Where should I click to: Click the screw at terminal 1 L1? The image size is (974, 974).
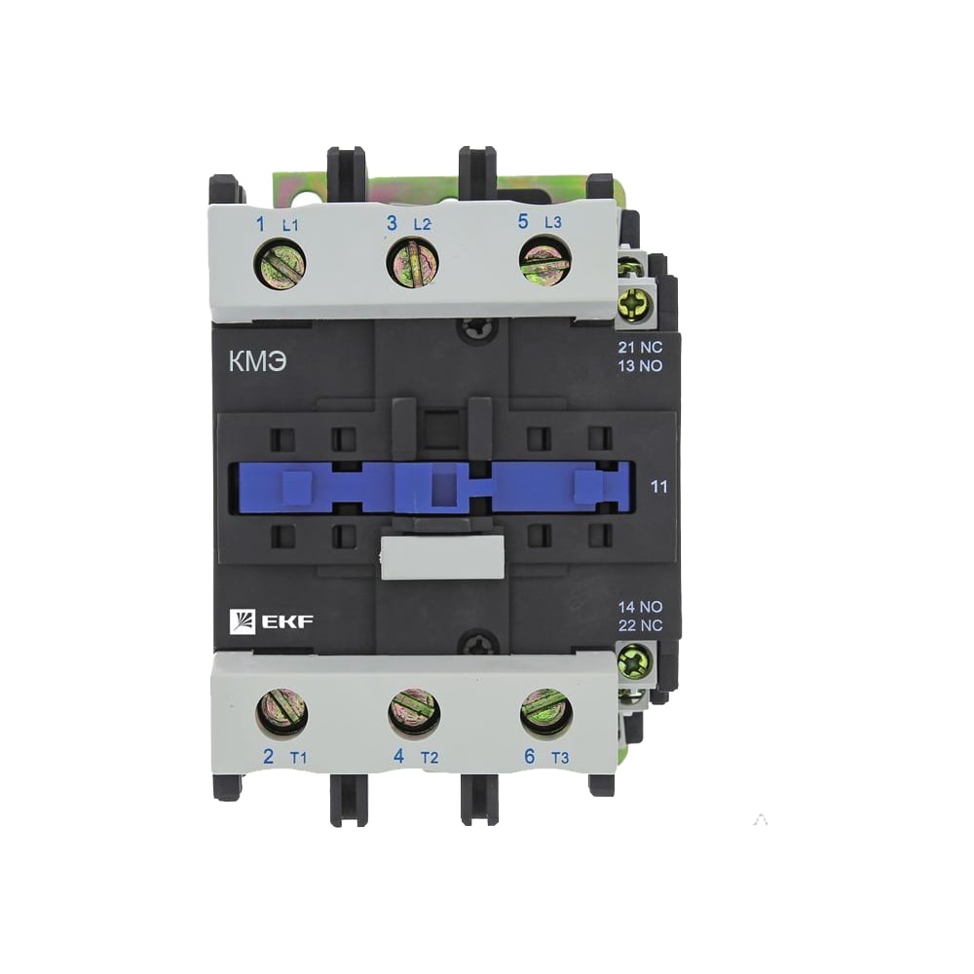click(281, 264)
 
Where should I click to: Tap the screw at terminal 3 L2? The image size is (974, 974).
click(412, 264)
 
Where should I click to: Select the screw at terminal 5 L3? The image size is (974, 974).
click(543, 264)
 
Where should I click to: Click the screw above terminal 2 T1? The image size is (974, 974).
click(282, 712)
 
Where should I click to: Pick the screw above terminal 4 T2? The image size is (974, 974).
click(414, 712)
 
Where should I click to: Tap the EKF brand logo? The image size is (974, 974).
click(271, 621)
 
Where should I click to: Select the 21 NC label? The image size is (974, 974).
click(639, 348)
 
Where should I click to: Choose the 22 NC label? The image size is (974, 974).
click(639, 625)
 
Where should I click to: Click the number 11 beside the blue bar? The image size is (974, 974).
click(658, 486)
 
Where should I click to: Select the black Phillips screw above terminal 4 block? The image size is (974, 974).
click(477, 644)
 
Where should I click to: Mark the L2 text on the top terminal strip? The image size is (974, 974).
click(422, 225)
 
